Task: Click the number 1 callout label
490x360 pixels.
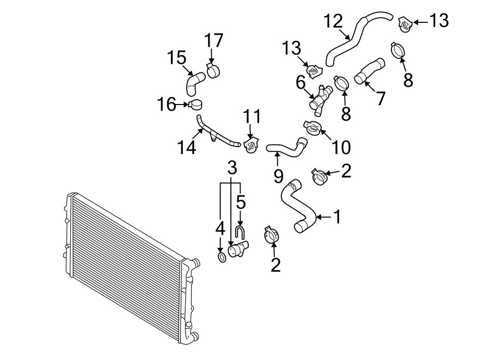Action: pos(337,217)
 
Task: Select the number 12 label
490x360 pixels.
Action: pos(333,22)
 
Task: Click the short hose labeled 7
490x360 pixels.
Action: pos(369,72)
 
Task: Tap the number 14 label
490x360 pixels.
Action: pos(187,148)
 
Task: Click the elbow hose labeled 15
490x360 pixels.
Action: pos(193,84)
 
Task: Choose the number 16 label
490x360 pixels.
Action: pos(167,103)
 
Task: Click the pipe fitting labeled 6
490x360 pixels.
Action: pos(320,98)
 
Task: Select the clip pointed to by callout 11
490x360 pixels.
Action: pos(250,146)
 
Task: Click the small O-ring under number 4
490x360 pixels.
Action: pos(221,257)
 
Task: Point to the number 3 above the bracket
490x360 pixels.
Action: pos(231,168)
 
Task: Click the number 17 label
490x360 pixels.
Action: pos(214,41)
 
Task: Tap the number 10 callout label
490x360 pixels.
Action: pos(341,147)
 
